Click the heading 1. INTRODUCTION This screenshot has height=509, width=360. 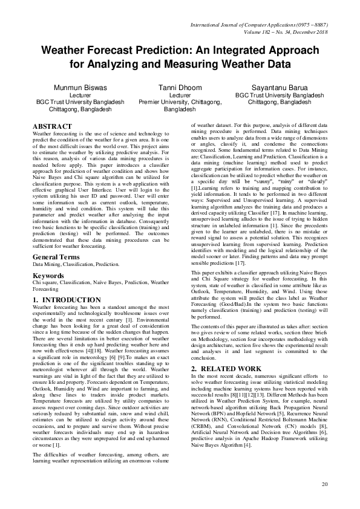click(x=67, y=300)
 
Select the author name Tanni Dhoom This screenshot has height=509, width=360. click(x=180, y=88)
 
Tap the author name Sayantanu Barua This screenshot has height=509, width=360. click(x=280, y=88)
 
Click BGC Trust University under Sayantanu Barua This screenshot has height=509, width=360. click(x=280, y=96)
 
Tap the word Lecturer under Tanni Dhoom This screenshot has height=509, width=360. click(x=180, y=96)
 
